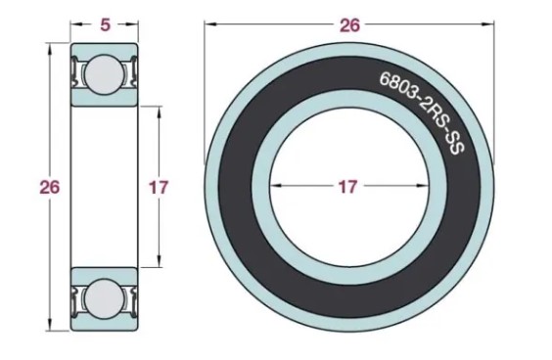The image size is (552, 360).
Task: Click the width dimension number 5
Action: pyautogui.click(x=105, y=24)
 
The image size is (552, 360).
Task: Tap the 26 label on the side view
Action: pyautogui.click(x=49, y=187)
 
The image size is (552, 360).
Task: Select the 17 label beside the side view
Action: pyautogui.click(x=159, y=187)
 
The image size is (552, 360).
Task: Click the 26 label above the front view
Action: pyautogui.click(x=349, y=25)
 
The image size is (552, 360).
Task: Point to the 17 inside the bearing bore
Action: pyautogui.click(x=347, y=187)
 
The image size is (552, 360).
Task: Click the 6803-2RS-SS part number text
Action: pyautogui.click(x=422, y=112)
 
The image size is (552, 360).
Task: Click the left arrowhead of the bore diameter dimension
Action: pyautogui.click(x=276, y=186)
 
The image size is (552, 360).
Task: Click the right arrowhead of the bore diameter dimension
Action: pyautogui.click(x=422, y=186)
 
